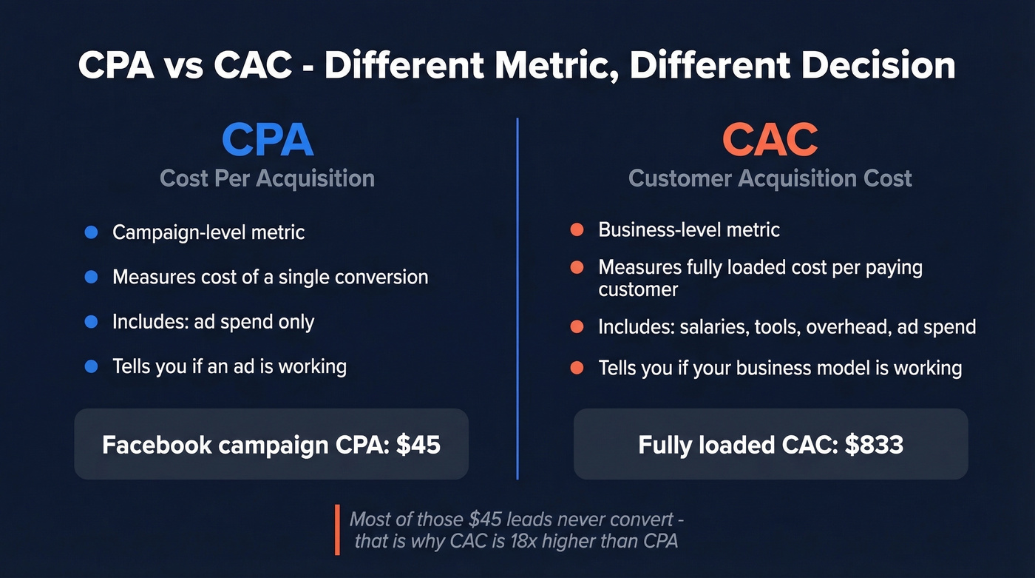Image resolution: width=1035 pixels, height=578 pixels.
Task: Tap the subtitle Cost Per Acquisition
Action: point(268,178)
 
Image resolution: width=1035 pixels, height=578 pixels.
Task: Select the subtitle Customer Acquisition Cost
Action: point(770,178)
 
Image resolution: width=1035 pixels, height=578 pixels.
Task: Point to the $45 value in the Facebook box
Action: point(418,445)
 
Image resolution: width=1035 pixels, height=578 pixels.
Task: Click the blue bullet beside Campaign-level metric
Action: point(92,232)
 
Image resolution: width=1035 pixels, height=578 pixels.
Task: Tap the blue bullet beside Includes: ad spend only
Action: point(92,322)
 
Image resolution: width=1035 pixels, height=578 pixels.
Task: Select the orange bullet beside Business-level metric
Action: point(577,230)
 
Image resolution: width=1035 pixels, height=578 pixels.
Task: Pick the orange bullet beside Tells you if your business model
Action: point(577,368)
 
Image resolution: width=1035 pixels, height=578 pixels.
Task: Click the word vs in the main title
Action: point(183,67)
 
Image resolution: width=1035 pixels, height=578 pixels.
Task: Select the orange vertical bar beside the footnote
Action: point(337,530)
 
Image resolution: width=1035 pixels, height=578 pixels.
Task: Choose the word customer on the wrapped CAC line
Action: point(628,289)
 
